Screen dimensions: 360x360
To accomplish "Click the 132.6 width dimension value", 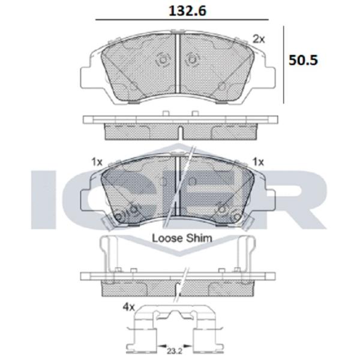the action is point(188,11).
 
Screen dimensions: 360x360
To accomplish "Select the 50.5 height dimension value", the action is point(303,60).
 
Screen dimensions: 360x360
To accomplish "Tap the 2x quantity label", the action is point(259,39).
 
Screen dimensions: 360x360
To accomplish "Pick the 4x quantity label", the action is point(128,307).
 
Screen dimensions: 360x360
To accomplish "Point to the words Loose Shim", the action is point(182,238).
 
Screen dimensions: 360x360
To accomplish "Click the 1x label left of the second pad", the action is point(97,162).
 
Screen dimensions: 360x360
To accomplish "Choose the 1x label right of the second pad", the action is point(258,162).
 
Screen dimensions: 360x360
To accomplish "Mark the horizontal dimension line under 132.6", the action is point(182,20).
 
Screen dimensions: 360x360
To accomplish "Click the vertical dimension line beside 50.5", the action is point(284,65).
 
